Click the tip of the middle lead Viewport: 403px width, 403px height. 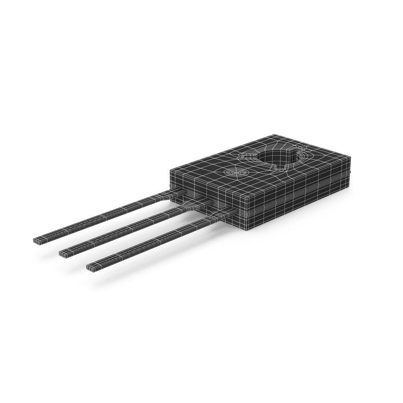(63, 253)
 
